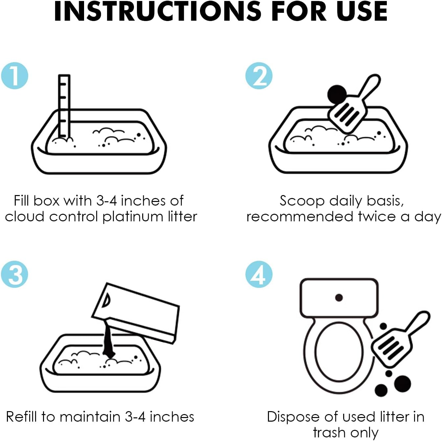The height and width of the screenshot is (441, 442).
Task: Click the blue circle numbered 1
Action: click(14, 76)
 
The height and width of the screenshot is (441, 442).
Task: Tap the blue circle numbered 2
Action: click(259, 76)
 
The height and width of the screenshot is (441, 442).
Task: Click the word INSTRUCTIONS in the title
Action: click(158, 11)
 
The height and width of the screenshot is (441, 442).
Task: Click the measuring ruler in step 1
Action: click(64, 107)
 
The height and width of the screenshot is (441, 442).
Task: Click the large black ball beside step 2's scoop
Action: click(337, 94)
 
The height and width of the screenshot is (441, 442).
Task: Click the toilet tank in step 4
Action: click(339, 298)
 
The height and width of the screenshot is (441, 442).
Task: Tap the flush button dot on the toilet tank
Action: click(339, 298)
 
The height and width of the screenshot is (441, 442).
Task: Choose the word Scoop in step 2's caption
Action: click(302, 201)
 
